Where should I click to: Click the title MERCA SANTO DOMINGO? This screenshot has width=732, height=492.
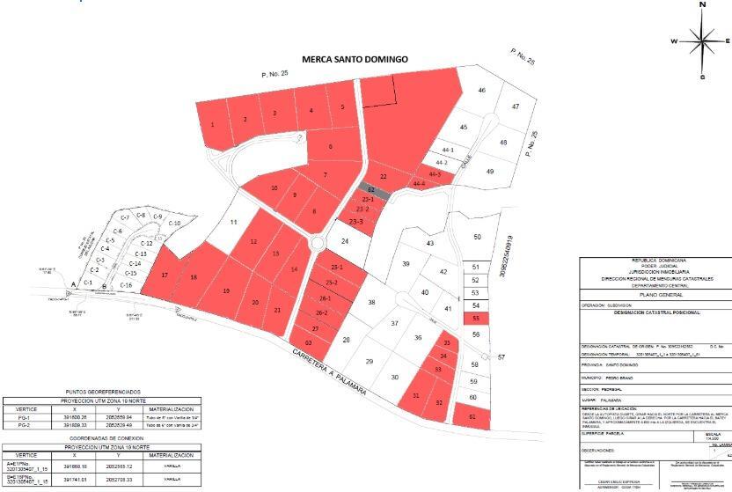coord(355,60)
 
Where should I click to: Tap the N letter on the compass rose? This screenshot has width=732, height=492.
coord(702,4)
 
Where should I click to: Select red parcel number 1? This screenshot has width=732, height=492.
coord(213,124)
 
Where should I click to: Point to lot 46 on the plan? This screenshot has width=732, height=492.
coord(481,91)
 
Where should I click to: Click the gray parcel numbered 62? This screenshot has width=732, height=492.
coord(372,189)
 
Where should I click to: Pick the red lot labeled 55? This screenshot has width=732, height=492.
coord(475,318)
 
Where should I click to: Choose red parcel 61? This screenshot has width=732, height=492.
coord(472,415)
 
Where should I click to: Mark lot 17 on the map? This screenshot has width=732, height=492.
coord(165,275)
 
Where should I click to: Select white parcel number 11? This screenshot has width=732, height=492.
coord(233,223)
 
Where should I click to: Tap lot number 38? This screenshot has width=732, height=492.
coord(371,303)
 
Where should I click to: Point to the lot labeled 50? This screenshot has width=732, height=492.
coord(477,237)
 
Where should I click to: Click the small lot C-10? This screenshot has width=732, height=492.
coord(174,224)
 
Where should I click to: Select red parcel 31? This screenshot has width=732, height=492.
coord(416,397)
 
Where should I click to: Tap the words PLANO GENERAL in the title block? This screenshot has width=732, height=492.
coord(653,296)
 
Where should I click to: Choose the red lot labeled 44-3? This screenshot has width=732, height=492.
coord(434,174)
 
